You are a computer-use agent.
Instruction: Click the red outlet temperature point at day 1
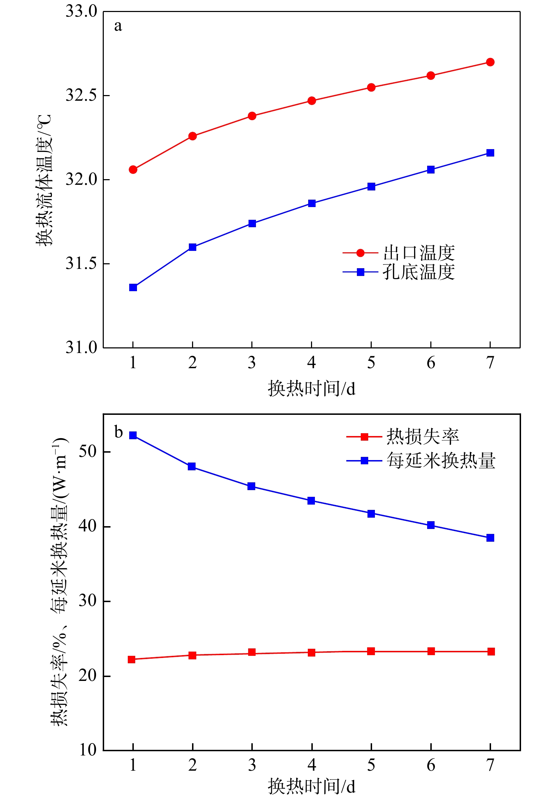[133, 170]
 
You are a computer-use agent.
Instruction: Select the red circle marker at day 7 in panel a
[490, 62]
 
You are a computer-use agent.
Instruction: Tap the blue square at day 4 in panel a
[311, 203]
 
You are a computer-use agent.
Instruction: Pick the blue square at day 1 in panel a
[133, 287]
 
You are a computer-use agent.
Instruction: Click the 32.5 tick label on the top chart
[81, 95]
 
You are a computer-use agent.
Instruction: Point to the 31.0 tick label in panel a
[81, 348]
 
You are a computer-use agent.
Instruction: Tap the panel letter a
[118, 26]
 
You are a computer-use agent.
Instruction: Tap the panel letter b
[118, 432]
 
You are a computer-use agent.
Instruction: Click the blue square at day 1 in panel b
[133, 435]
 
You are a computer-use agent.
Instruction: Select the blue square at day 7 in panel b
[490, 538]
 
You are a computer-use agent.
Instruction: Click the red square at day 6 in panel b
[431, 651]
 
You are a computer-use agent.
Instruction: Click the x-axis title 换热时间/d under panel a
[311, 389]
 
